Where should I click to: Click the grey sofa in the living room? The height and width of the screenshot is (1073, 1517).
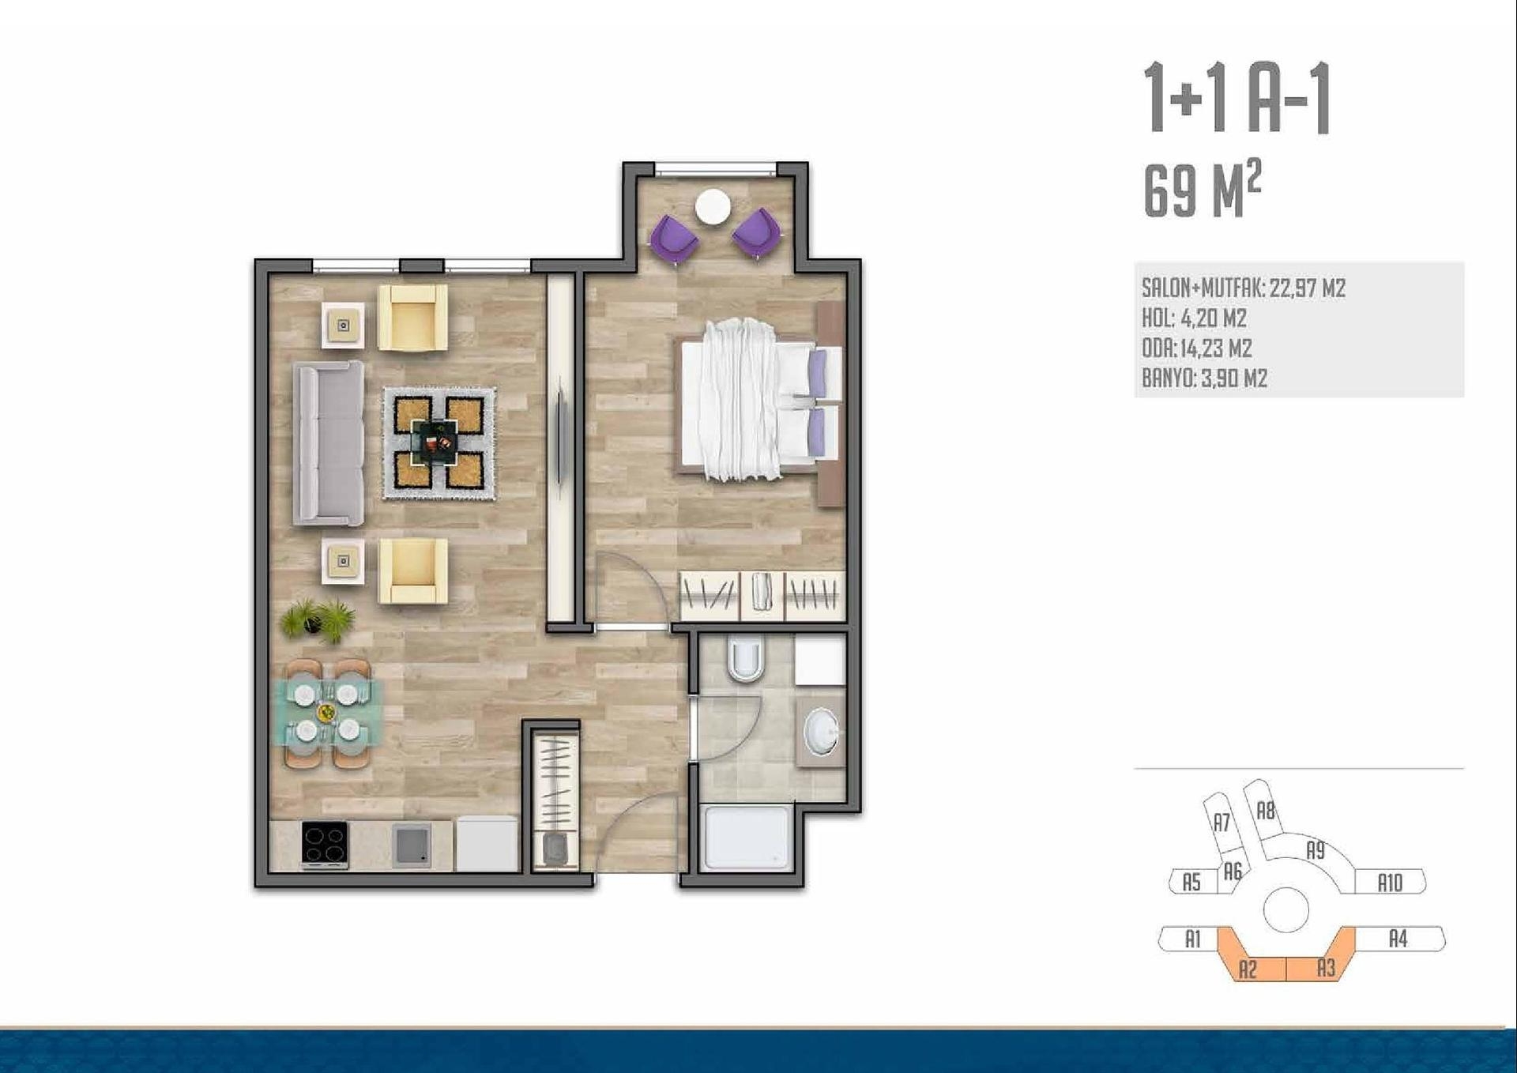pos(329,443)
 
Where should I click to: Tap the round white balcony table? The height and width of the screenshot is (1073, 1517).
pos(713,207)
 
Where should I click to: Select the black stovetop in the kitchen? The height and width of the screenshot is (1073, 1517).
pos(325,845)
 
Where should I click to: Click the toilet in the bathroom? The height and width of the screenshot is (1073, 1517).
pos(745,659)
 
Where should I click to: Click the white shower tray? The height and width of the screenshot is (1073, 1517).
pos(747,838)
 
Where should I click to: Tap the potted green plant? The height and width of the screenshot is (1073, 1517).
pos(318,619)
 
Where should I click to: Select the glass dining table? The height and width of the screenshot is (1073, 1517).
pos(327,713)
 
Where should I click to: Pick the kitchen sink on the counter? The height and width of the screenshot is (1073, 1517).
pos(412,845)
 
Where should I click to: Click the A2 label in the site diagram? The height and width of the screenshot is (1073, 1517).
pos(1248,969)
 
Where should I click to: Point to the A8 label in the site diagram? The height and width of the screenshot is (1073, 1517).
pos(1266,811)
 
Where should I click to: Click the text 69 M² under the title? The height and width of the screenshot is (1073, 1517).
pos(1202,190)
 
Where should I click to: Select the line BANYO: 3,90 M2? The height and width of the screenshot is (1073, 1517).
pos(1204,378)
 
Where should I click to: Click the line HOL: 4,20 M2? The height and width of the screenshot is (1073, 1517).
pos(1194,318)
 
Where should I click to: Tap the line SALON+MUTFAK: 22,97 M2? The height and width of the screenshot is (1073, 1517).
pos(1244,288)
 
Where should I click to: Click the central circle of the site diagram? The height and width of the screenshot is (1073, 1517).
pos(1286,910)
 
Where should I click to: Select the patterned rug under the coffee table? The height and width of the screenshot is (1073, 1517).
pos(439,443)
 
